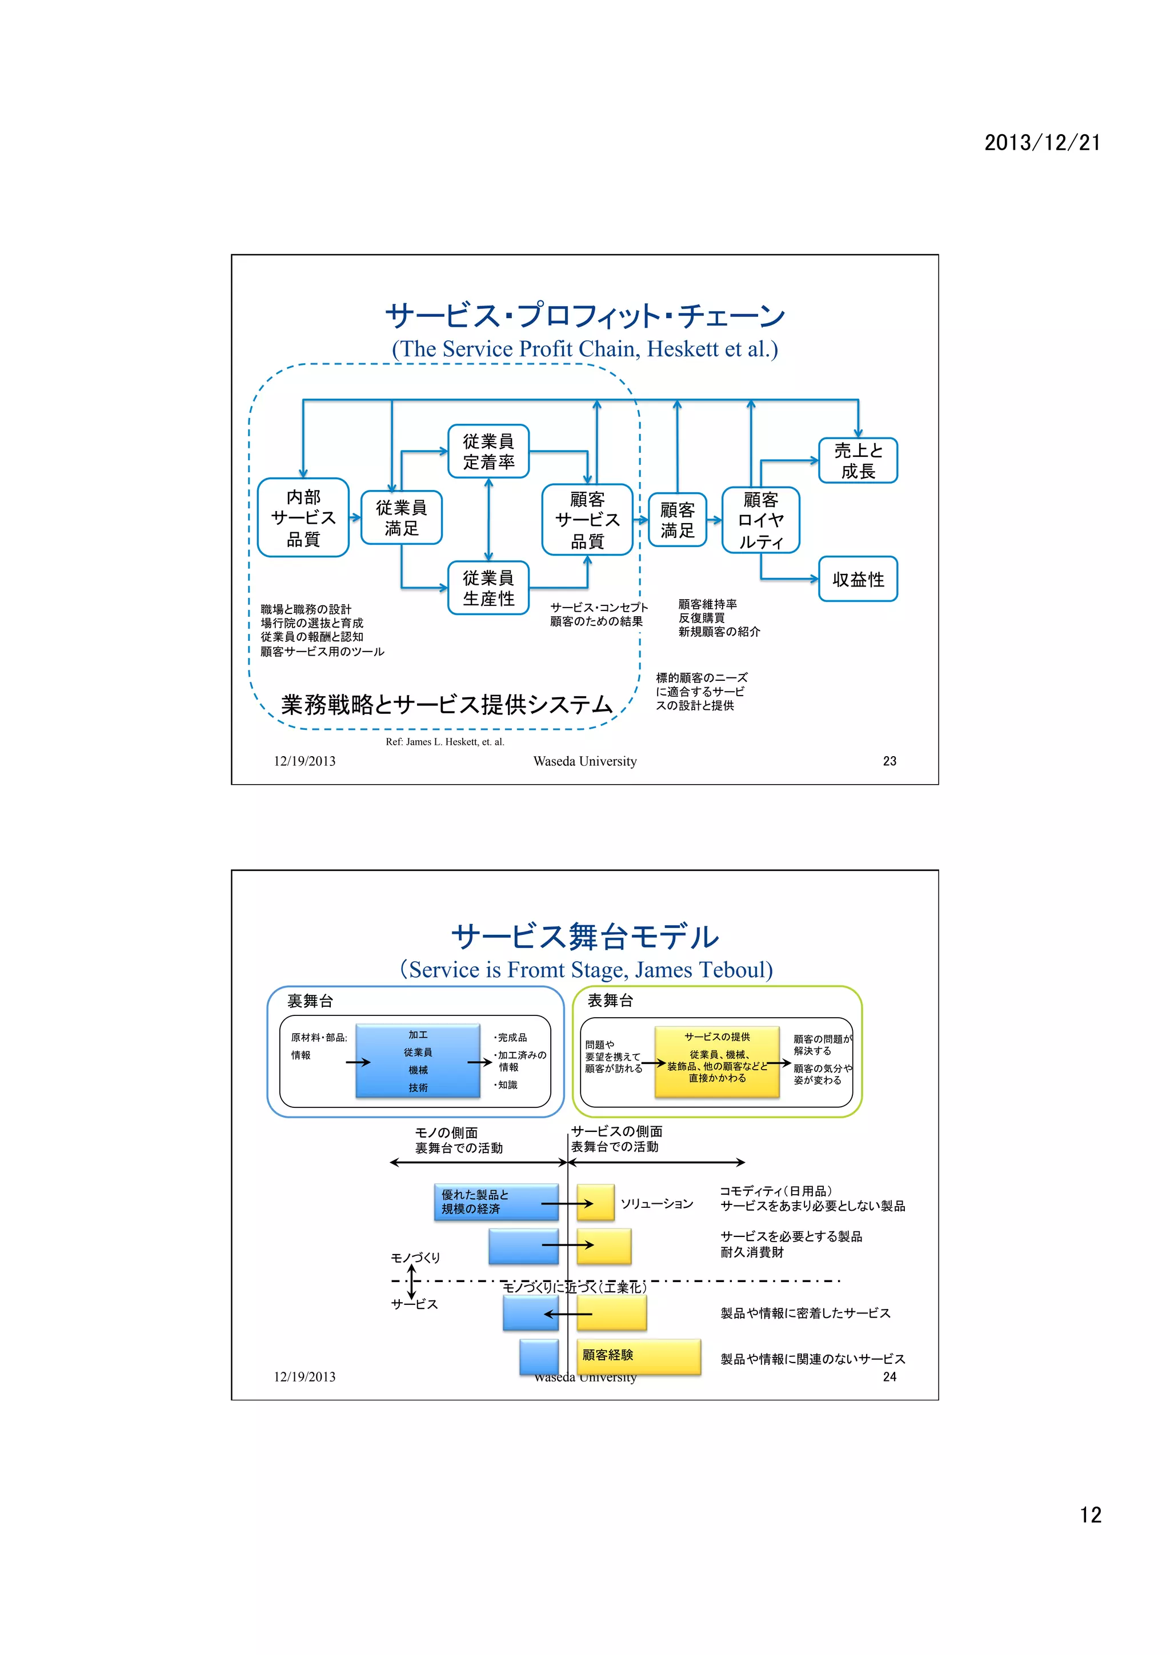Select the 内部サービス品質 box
pyautogui.click(x=303, y=517)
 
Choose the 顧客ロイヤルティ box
pyautogui.click(x=760, y=520)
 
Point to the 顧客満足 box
pyautogui.click(x=677, y=520)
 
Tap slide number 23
pyautogui.click(x=889, y=761)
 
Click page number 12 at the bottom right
pyautogui.click(x=1090, y=1515)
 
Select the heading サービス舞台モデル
pyautogui.click(x=584, y=937)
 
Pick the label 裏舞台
pyautogui.click(x=310, y=1001)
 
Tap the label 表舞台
pyautogui.click(x=610, y=1000)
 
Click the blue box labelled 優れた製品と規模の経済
pyautogui.click(x=495, y=1202)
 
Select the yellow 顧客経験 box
pyautogui.click(x=638, y=1356)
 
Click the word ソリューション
pyautogui.click(x=657, y=1204)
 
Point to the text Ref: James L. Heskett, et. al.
pyautogui.click(x=445, y=742)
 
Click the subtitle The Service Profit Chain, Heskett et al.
pyautogui.click(x=584, y=349)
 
